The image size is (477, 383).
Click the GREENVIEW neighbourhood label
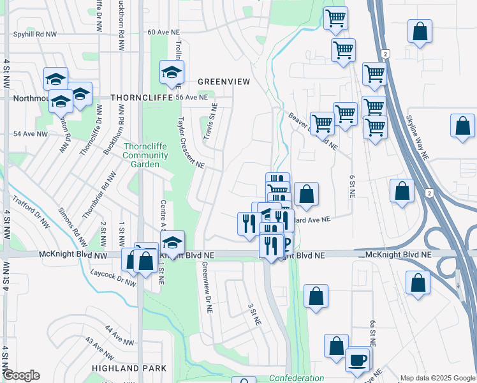pos(221,82)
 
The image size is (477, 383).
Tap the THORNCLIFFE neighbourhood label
pos(138,98)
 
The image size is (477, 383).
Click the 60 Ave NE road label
pos(164,31)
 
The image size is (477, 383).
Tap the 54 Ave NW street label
pos(31,134)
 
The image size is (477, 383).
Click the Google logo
pos(21,375)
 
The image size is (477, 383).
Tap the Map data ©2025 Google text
pos(437,378)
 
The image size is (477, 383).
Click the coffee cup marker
pos(358,359)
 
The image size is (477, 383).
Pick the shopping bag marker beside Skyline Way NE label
pos(462,126)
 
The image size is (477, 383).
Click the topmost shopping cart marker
pos(335,19)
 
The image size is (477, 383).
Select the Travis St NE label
pos(210,121)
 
